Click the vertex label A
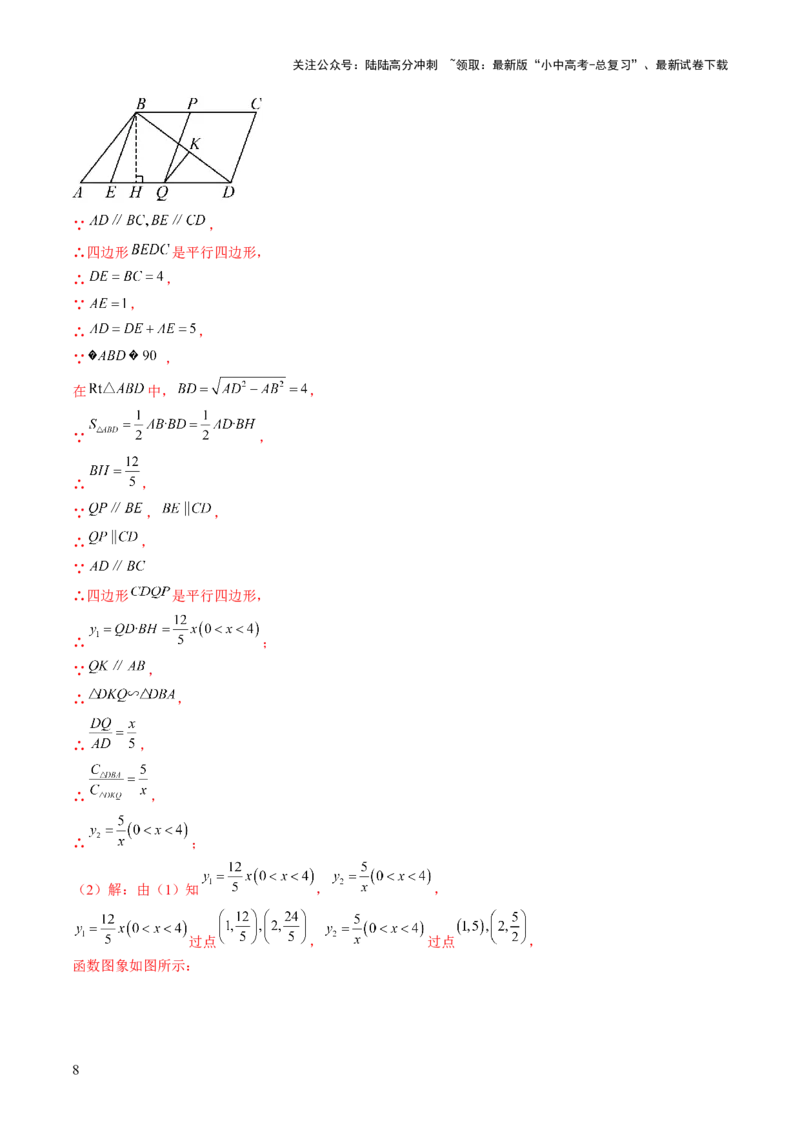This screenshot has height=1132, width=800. [x=78, y=192]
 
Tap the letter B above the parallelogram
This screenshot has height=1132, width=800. [x=140, y=103]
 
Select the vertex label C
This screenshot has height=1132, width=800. [x=256, y=103]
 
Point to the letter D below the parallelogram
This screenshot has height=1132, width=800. [x=228, y=192]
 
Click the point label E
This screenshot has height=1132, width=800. [x=110, y=192]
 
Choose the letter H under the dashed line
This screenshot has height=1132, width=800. [x=135, y=192]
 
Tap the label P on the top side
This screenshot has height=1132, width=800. [x=192, y=103]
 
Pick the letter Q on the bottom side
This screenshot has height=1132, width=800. [x=161, y=192]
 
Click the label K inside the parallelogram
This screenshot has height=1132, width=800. [x=194, y=144]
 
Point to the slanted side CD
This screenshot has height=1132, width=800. [x=244, y=148]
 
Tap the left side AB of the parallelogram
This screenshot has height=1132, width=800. [x=108, y=148]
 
